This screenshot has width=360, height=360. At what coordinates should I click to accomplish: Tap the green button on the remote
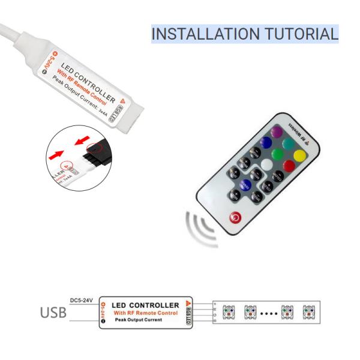tap(277, 155)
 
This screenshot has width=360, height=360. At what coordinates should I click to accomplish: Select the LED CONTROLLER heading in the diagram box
tap(146, 305)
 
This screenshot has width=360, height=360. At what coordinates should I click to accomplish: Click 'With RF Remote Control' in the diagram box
tap(146, 313)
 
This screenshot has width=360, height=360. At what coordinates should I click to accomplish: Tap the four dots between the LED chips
tap(269, 313)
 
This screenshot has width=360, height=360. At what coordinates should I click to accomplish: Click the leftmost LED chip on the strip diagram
tap(229, 312)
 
